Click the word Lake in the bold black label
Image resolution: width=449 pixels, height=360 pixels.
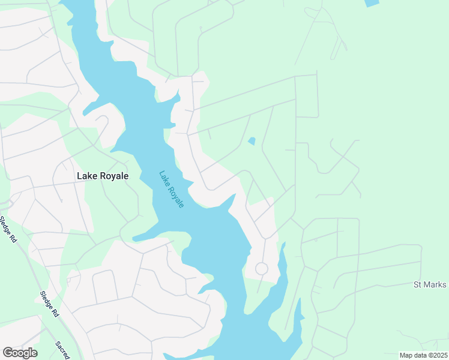[88, 176]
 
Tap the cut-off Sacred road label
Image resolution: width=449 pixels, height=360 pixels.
[63, 350]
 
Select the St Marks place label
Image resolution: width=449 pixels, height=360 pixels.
[430, 284]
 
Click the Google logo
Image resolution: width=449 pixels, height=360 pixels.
[20, 353]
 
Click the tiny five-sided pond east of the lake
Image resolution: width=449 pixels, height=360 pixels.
[252, 142]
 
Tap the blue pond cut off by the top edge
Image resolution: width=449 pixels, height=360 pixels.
[372, 3]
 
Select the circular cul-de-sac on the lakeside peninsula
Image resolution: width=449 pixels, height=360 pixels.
[261, 269]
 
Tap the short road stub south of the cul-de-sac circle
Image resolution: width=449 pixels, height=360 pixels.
[259, 285]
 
